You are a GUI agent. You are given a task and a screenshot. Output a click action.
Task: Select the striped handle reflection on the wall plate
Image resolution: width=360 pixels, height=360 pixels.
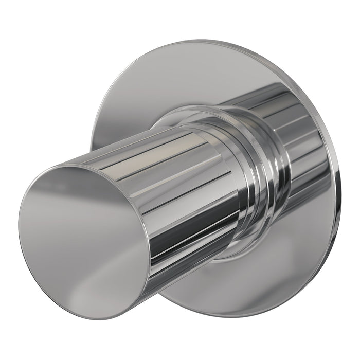303,154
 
